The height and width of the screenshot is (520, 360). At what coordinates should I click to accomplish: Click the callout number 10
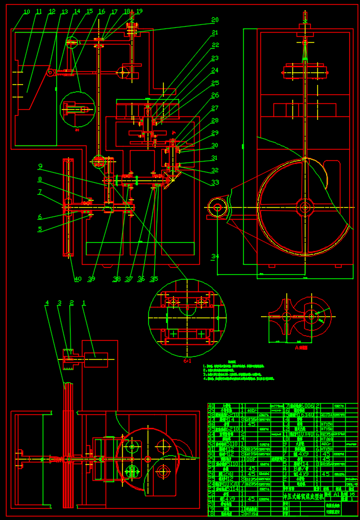[26, 12]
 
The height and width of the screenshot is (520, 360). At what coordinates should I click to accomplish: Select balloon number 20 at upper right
[215, 20]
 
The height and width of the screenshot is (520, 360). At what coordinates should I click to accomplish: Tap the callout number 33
[215, 183]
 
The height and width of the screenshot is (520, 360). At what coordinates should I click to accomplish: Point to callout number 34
[214, 256]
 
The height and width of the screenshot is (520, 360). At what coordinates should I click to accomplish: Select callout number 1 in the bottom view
[84, 303]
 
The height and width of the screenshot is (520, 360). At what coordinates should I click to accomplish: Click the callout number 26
[215, 95]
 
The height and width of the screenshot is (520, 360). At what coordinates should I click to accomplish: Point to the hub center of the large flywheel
[305, 207]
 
